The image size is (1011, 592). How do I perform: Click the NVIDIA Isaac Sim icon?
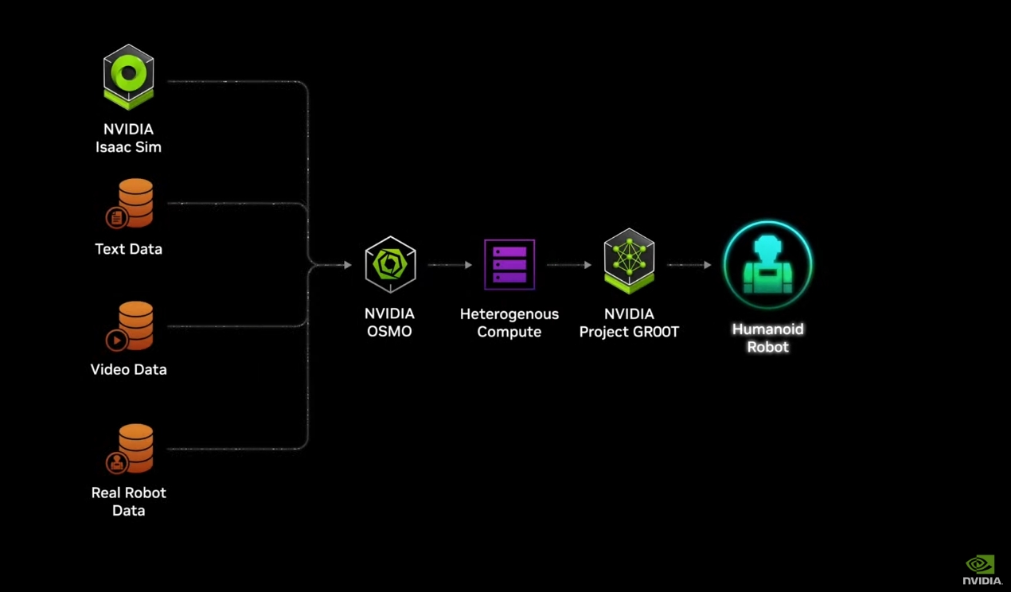pyautogui.click(x=128, y=76)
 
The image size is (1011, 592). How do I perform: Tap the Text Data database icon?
pyautogui.click(x=131, y=204)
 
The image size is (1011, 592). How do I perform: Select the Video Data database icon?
pyautogui.click(x=131, y=325)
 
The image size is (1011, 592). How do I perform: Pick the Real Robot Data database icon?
pyautogui.click(x=131, y=448)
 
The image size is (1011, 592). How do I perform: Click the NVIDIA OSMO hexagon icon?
pyautogui.click(x=390, y=265)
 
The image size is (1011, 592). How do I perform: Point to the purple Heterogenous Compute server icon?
pyautogui.click(x=509, y=265)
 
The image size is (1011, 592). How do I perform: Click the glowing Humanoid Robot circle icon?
pyautogui.click(x=767, y=265)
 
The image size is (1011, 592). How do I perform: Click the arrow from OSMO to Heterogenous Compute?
pyautogui.click(x=450, y=265)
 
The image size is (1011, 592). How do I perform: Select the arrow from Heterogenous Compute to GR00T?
pyautogui.click(x=569, y=265)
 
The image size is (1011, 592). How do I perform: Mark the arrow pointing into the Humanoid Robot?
pyautogui.click(x=689, y=265)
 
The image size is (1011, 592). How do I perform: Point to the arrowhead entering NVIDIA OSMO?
pyautogui.click(x=347, y=265)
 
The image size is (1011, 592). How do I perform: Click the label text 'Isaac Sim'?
pyautogui.click(x=128, y=147)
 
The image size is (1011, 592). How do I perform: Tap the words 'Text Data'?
pyautogui.click(x=128, y=249)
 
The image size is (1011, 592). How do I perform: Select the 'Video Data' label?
pyautogui.click(x=128, y=370)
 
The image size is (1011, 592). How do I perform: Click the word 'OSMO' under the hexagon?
pyautogui.click(x=389, y=332)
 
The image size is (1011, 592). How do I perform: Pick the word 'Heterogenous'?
pyautogui.click(x=509, y=314)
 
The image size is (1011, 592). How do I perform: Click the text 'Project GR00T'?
pyautogui.click(x=629, y=332)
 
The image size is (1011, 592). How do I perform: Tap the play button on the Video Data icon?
pyautogui.click(x=116, y=341)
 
